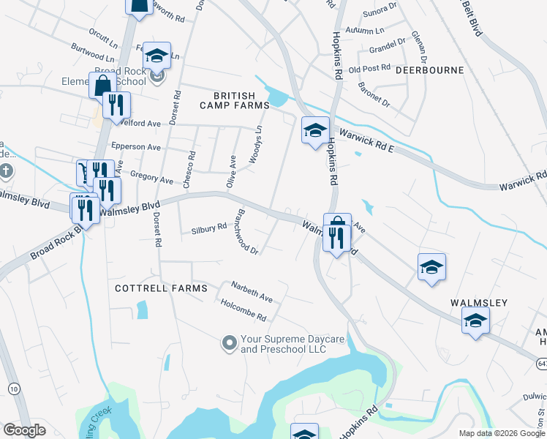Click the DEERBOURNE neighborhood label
point(430,70)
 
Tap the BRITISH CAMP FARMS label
point(235,100)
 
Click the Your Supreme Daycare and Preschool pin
point(230,342)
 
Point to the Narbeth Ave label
point(251,293)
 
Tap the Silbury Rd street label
point(209,228)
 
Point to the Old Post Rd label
point(369,69)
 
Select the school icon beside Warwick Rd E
point(315,131)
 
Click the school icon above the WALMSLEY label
point(431,268)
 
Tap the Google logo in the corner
point(24,430)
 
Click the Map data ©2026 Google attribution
point(501,433)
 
